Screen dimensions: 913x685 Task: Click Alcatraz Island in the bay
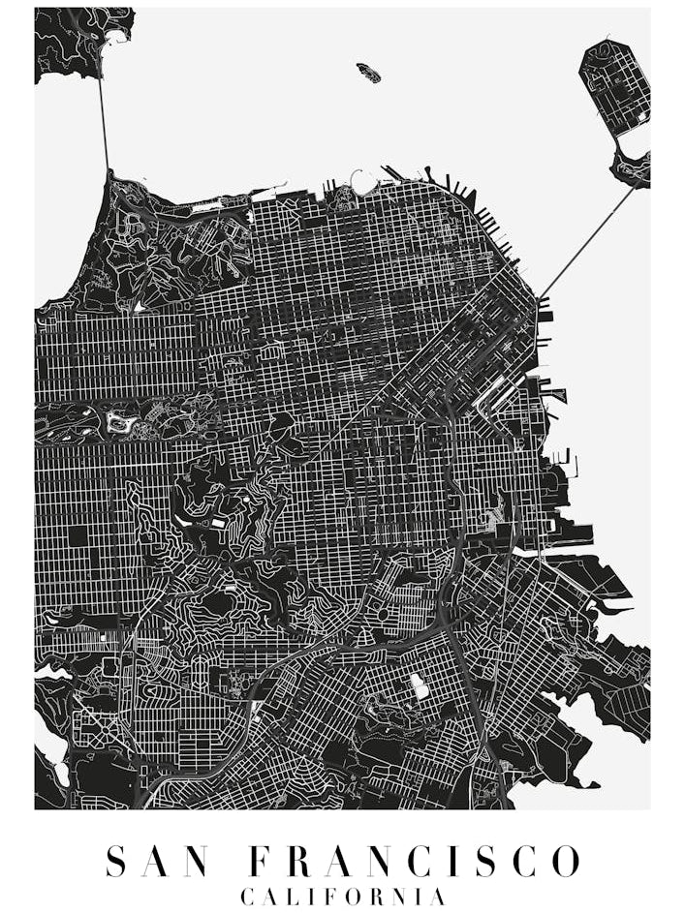coord(368,72)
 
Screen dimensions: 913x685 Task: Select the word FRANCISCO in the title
coord(413,861)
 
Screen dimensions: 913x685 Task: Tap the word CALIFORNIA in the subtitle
coord(343,897)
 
